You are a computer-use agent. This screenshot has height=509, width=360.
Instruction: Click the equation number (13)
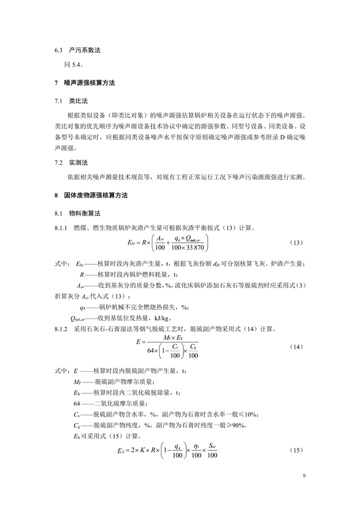(296, 242)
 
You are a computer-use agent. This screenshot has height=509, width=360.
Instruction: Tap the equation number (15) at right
(296, 451)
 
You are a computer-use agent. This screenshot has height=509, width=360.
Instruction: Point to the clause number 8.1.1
(61, 228)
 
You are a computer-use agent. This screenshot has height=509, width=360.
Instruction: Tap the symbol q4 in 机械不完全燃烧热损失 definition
(83, 307)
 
